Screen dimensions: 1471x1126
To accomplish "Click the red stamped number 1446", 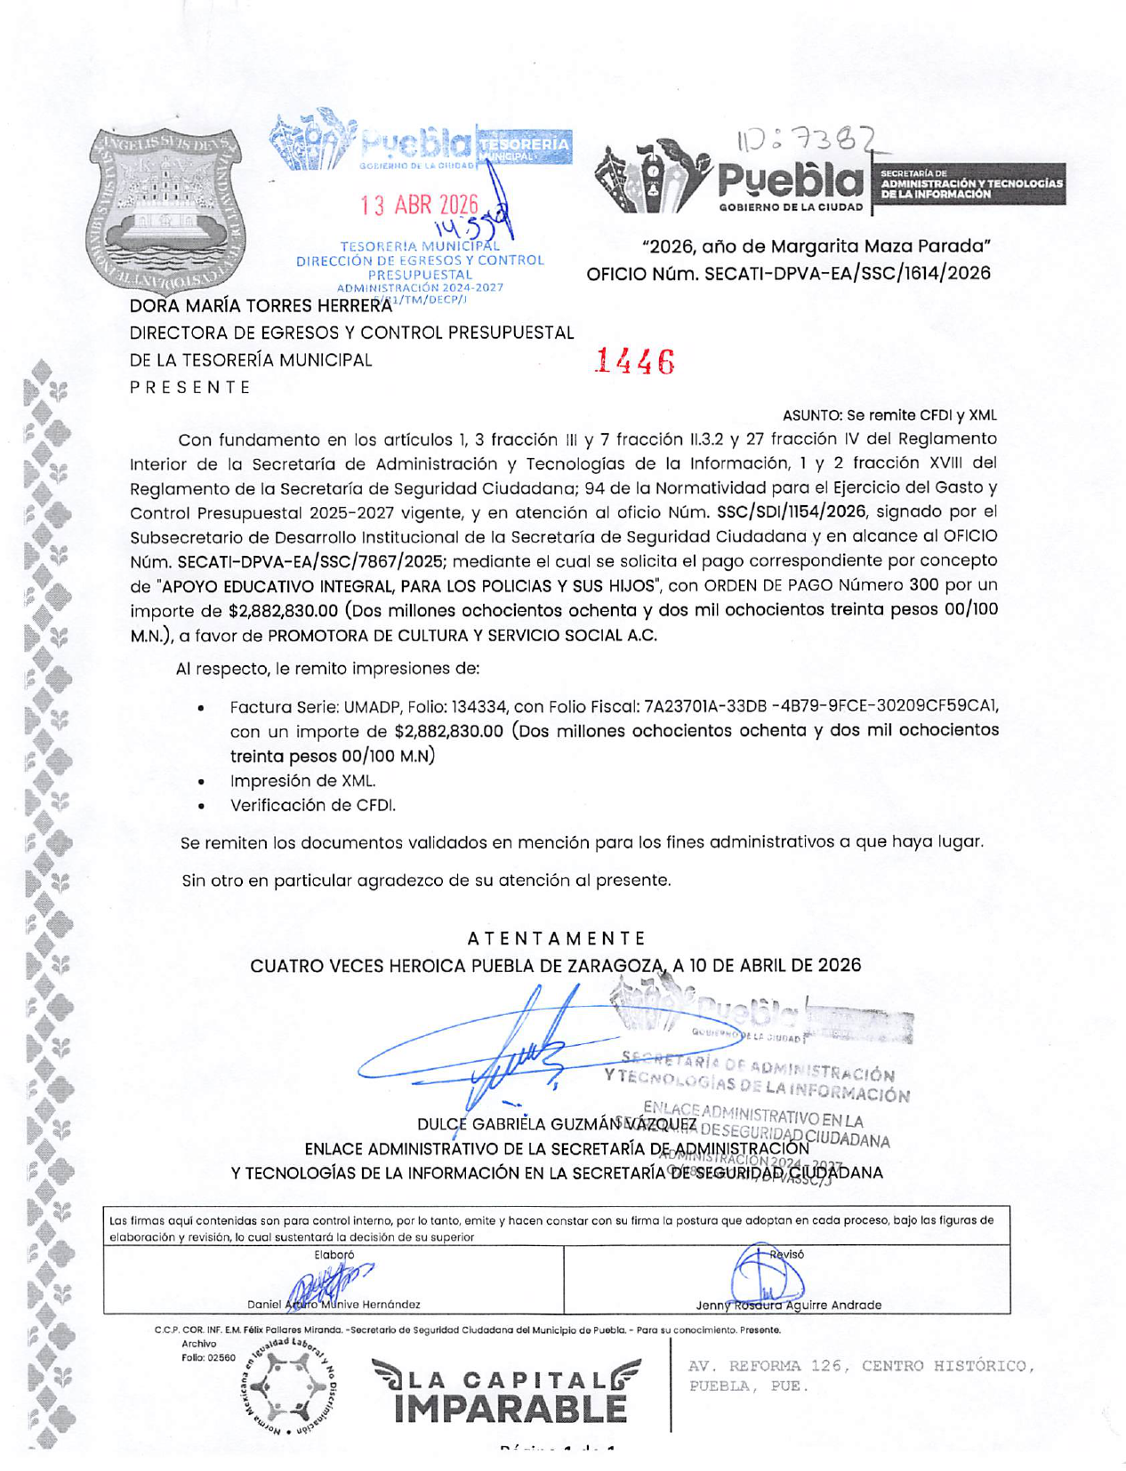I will (635, 361).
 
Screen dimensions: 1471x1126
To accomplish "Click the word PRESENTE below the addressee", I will (190, 387).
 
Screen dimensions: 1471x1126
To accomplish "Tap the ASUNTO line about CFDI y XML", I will (889, 415).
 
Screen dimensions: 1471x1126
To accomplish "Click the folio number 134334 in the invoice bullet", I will (480, 706).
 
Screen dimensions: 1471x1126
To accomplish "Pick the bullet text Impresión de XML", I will (302, 781).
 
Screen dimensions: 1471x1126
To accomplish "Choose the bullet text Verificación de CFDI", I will (312, 805).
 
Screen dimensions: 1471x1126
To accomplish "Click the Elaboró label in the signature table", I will (334, 1255).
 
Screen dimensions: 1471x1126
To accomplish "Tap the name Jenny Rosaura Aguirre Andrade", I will (788, 1305).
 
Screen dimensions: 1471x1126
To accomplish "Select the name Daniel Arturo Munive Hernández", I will (334, 1305).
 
